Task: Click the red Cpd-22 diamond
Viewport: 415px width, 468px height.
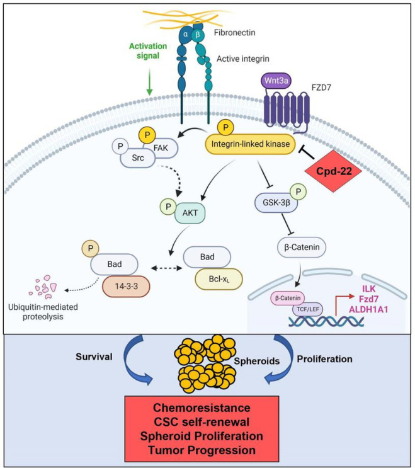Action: point(334,171)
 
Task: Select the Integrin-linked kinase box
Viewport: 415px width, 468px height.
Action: point(250,144)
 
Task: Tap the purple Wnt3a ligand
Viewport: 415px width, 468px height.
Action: point(276,80)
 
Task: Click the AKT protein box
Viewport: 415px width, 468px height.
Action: point(190,213)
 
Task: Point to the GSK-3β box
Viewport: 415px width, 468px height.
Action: point(276,203)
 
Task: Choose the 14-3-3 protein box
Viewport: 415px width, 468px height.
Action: point(126,287)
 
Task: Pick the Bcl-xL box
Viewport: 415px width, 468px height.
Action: point(219,279)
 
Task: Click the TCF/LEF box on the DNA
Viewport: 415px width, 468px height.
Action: point(307,309)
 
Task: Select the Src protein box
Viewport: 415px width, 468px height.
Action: point(138,158)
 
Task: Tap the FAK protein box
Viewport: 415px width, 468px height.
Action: point(161,148)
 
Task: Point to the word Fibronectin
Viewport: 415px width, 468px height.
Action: point(234,32)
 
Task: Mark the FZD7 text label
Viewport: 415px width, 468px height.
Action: point(321,88)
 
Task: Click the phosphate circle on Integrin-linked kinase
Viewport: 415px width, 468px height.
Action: point(226,128)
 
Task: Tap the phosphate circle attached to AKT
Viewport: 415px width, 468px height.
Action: point(169,207)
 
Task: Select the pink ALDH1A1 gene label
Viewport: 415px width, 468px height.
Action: point(368,309)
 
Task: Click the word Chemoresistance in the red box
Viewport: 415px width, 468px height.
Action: point(202,408)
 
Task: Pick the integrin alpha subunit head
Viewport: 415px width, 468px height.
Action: point(186,35)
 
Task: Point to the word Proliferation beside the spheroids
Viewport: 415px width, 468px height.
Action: point(324,359)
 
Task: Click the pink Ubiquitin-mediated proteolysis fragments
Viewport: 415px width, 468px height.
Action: point(43,287)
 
